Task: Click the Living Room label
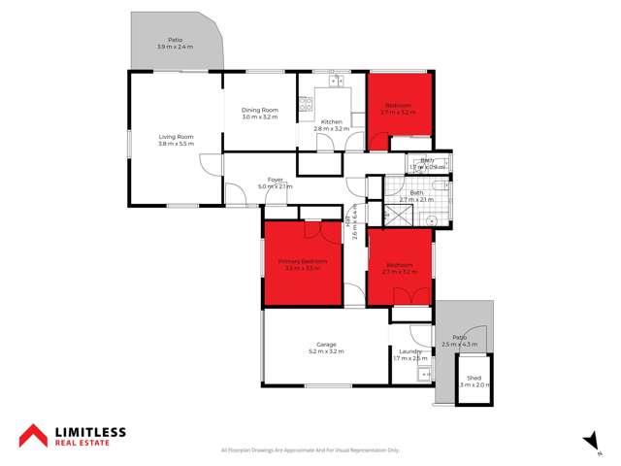tap(177, 137)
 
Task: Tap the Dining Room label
tap(260, 110)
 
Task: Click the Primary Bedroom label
tap(303, 261)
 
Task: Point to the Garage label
tap(325, 345)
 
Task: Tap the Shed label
tap(474, 378)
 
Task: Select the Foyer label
tap(276, 180)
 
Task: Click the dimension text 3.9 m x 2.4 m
tap(176, 48)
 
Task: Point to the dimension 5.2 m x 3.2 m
tap(325, 351)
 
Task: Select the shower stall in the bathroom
tap(398, 216)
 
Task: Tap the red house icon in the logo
tap(32, 435)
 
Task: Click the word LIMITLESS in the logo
tap(90, 430)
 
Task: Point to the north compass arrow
tap(587, 442)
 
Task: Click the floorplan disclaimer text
tap(310, 450)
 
